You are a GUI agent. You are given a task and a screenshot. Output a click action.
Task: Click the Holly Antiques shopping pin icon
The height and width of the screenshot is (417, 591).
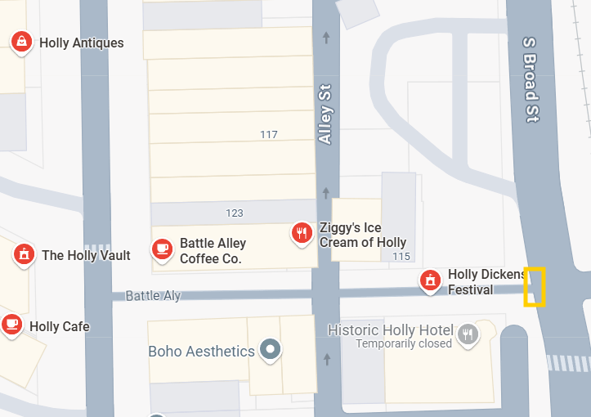pos(22,41)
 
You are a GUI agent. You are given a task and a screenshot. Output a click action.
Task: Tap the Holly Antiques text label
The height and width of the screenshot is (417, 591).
pos(82,43)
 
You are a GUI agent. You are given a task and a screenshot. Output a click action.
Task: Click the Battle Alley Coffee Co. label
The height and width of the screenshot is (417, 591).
pos(213,251)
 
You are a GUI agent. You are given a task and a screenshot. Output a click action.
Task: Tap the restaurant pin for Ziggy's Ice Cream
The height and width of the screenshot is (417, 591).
pos(302,234)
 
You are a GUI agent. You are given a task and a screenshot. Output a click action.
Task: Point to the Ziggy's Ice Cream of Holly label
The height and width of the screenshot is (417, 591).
pos(363,235)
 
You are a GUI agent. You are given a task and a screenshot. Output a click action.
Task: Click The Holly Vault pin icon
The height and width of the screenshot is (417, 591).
pos(24,255)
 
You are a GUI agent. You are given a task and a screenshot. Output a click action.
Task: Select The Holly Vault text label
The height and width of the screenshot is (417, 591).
pos(86,256)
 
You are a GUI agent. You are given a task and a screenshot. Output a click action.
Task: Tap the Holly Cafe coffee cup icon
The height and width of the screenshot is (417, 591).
pos(11,325)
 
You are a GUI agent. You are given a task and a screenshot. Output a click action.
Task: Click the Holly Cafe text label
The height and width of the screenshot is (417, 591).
pos(60,327)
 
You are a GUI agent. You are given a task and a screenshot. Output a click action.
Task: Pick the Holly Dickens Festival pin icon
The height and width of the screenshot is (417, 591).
pos(430,280)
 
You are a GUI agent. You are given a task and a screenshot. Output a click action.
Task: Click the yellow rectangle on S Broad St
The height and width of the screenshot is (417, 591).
pos(535,286)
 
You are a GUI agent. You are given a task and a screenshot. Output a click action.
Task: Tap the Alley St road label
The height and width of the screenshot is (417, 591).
pos(326,114)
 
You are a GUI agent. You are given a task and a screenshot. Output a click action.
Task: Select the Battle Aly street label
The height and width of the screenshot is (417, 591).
pos(153,296)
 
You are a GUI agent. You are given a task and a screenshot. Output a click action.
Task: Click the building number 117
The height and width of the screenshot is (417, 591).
pos(269,134)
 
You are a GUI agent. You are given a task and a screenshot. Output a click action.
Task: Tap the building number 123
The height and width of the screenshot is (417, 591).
pos(235,213)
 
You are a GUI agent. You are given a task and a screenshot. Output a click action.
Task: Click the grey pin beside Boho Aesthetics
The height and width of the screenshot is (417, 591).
pos(270,351)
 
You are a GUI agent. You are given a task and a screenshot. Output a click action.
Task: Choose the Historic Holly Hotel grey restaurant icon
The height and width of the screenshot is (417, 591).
pos(468,333)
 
